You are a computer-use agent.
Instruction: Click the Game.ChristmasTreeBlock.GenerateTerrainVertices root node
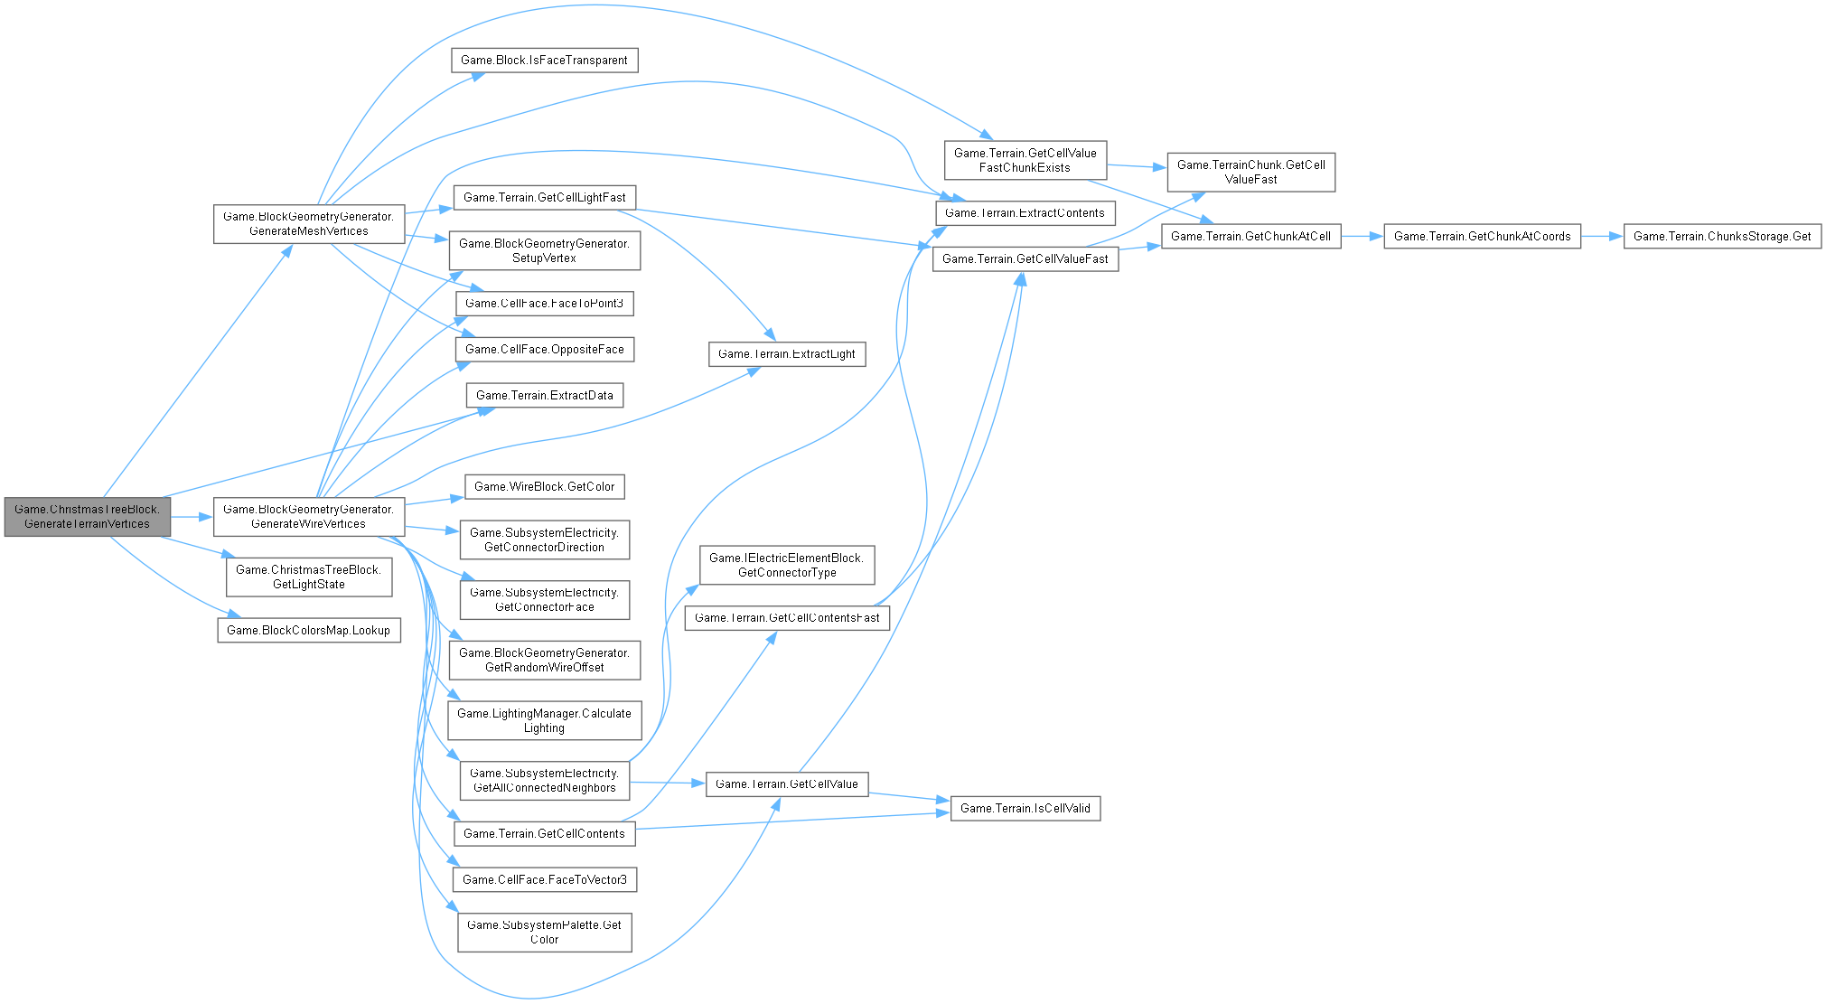(x=87, y=516)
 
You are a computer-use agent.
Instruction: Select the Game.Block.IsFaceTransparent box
(x=544, y=61)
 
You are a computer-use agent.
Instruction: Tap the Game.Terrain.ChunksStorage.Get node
(x=1722, y=237)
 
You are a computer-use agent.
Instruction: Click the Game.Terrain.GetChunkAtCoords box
(x=1482, y=237)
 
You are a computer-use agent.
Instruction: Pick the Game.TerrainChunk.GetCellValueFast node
(x=1250, y=172)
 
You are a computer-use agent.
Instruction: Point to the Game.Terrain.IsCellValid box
(x=1025, y=808)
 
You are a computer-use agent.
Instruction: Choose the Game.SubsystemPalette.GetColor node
(x=544, y=932)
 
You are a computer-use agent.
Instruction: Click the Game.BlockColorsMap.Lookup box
(x=308, y=630)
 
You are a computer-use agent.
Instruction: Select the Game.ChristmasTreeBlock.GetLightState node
(x=308, y=577)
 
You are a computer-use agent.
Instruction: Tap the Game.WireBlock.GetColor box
(x=544, y=486)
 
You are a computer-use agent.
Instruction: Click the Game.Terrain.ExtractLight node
(x=786, y=353)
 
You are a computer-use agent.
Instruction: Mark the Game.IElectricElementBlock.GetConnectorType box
(x=786, y=565)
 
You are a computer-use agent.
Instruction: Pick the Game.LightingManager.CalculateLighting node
(x=544, y=720)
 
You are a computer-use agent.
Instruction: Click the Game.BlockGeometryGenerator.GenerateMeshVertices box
(x=308, y=223)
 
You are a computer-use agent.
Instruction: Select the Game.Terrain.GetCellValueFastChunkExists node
(x=1025, y=160)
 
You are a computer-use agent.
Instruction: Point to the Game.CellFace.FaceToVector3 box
(x=544, y=879)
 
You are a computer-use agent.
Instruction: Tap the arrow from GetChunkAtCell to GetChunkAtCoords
(x=1362, y=237)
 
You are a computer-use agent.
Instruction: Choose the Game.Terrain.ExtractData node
(x=544, y=395)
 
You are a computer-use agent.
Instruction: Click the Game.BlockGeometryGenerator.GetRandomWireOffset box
(x=544, y=660)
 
